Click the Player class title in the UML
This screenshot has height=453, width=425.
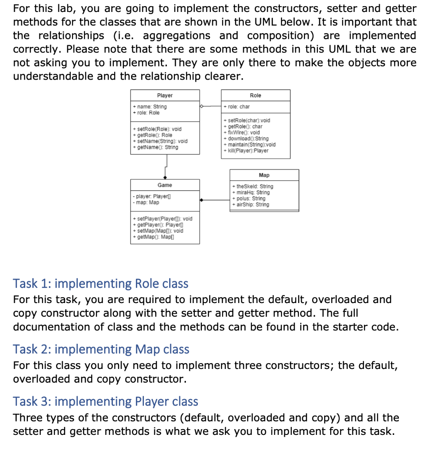pyautogui.click(x=165, y=96)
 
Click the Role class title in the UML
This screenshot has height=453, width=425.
pyautogui.click(x=255, y=96)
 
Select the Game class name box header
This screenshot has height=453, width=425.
pyautogui.click(x=165, y=185)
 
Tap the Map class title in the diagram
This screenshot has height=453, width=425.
pyautogui.click(x=264, y=175)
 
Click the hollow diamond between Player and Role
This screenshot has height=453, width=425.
pyautogui.click(x=202, y=106)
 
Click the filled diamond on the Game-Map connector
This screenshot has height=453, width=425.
pyautogui.click(x=202, y=200)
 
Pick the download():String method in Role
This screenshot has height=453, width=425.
pyautogui.click(x=247, y=138)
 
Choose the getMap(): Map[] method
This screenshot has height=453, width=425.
pyautogui.click(x=155, y=237)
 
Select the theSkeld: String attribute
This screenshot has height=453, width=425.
pyautogui.click(x=252, y=186)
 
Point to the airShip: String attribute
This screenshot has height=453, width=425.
pyautogui.click(x=251, y=204)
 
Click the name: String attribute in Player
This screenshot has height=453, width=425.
pyautogui.click(x=150, y=107)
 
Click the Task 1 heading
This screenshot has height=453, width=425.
pyautogui.click(x=100, y=283)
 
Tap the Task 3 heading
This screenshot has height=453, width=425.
pyautogui.click(x=105, y=401)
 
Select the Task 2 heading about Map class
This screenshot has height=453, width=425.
pyautogui.click(x=101, y=349)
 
